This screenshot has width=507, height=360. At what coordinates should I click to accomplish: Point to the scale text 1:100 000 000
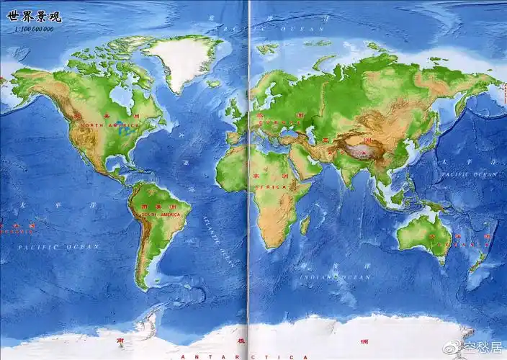pos(33,30)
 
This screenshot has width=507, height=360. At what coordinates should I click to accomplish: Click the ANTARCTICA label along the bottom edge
pos(245,356)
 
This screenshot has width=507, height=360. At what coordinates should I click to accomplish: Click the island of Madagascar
pos(305,225)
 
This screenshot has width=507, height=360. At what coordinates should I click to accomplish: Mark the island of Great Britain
pos(234,108)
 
